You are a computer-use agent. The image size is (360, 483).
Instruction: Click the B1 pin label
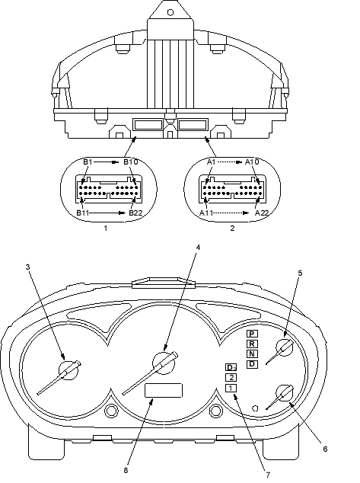click(x=88, y=162)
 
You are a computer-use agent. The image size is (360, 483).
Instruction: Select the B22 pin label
click(x=135, y=213)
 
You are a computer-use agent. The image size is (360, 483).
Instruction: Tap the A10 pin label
click(x=252, y=162)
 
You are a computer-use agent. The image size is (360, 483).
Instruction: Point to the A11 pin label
click(x=206, y=213)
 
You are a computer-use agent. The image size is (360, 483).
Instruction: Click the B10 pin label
click(x=131, y=162)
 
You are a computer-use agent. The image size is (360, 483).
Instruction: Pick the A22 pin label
click(x=262, y=213)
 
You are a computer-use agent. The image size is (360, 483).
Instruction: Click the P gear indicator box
click(x=252, y=334)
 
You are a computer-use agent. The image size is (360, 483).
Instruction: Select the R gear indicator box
click(x=252, y=344)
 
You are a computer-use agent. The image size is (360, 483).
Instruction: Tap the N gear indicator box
click(x=252, y=354)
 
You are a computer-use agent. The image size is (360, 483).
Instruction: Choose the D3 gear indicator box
click(x=231, y=367)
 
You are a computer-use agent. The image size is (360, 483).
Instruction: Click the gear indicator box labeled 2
click(x=231, y=378)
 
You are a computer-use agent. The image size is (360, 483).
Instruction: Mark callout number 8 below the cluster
click(x=126, y=470)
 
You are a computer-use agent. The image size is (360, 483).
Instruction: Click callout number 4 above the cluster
click(x=198, y=247)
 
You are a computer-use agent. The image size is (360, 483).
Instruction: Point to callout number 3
click(x=28, y=267)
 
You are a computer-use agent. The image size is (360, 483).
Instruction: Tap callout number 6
click(x=325, y=449)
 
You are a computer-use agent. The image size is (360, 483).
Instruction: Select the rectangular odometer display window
click(x=164, y=391)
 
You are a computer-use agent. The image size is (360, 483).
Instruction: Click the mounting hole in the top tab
click(x=170, y=13)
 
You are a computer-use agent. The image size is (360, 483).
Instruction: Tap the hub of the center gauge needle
click(x=164, y=363)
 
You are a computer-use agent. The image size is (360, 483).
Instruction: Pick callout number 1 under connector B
click(x=106, y=229)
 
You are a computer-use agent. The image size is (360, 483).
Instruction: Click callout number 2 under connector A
click(x=232, y=229)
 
